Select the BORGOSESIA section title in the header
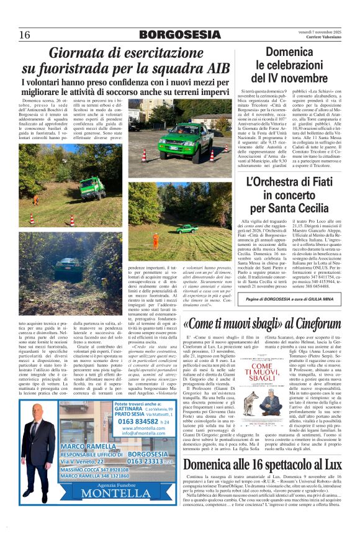tap(180, 35)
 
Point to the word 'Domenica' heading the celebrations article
tap(293, 53)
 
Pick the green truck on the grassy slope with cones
tap(91, 187)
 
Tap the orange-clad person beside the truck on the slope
tap(35, 199)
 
